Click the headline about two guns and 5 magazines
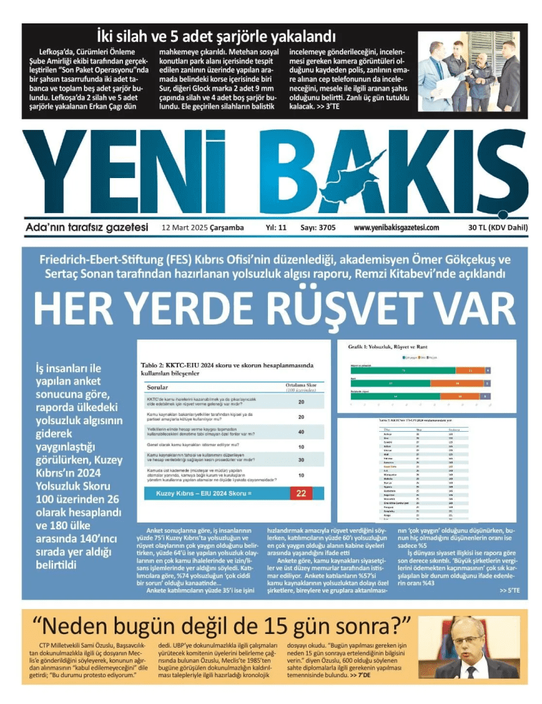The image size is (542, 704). (216, 36)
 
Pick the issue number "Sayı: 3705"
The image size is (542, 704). (313, 228)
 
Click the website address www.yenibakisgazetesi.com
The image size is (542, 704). (396, 228)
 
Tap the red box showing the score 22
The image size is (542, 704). (301, 493)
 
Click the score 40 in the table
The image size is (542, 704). (301, 432)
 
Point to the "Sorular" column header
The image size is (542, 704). (159, 388)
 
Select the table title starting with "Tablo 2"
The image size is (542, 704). (227, 368)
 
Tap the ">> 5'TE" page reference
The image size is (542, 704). (510, 590)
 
